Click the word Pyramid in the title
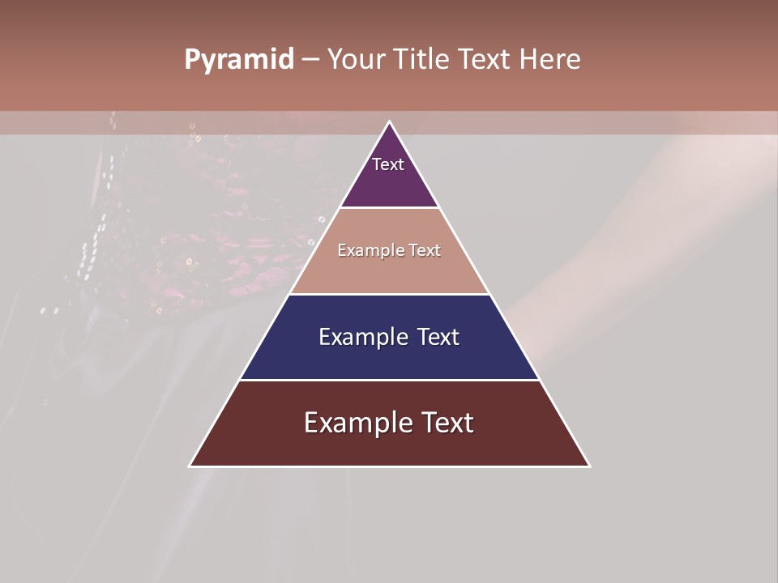click(x=239, y=60)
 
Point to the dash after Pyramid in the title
click(x=310, y=60)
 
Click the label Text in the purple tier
click(x=388, y=164)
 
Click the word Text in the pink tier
click(x=425, y=250)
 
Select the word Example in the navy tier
click(x=361, y=337)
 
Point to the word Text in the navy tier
click(x=438, y=337)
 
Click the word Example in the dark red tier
click(x=353, y=423)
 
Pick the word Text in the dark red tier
click(x=449, y=423)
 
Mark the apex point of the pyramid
click(x=389, y=122)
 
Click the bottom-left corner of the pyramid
click(x=190, y=466)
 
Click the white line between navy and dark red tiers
click(x=389, y=380)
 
